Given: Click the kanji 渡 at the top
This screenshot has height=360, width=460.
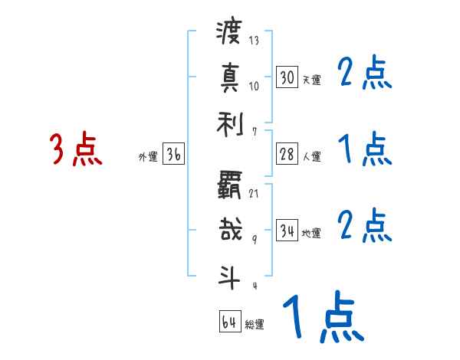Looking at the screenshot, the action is tap(230, 34).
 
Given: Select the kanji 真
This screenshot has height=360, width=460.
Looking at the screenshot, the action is tap(230, 77).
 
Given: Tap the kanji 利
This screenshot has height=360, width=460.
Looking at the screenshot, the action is tap(230, 121).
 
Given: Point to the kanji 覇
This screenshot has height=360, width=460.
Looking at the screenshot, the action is tap(230, 185).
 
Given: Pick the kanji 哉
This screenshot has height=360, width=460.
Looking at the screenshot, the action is tap(230, 228).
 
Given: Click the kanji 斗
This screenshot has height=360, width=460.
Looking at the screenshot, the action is tap(230, 273).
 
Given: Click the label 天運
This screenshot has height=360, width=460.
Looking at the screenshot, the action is tap(310, 80).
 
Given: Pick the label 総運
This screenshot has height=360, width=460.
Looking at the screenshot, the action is tap(254, 325).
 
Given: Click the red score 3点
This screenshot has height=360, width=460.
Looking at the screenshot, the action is tap(76, 149).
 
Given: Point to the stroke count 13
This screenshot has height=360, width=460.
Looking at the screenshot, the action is tap(254, 41).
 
